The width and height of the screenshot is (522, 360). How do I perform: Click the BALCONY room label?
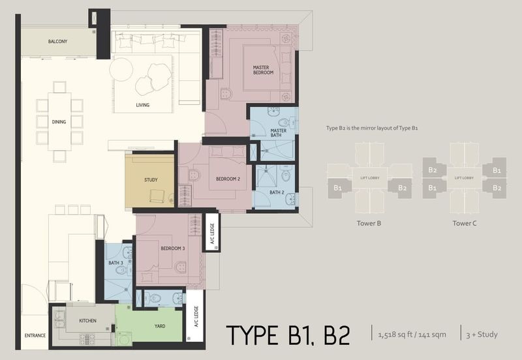coord(58,42)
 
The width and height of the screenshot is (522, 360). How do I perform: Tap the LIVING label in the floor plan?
coord(142,105)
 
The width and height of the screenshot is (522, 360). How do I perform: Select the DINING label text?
coord(59,121)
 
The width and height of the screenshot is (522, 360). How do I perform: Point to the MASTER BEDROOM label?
coord(263,70)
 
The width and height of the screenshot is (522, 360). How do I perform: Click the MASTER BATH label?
coord(279,134)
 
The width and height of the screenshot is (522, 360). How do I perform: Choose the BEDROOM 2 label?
coord(228,179)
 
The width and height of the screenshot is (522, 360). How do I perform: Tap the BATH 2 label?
coord(277,193)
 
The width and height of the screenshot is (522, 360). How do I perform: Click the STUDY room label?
coord(151,179)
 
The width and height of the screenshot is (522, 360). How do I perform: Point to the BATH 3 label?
coord(116,263)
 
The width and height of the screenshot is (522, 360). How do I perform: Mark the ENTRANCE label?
coord(35,336)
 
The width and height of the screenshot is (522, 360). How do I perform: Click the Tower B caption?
coord(369,223)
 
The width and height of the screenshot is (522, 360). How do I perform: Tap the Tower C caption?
coord(464,223)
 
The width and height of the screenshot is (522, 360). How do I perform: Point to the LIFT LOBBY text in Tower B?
coord(369,177)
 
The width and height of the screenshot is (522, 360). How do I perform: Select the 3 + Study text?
coord(483,335)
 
